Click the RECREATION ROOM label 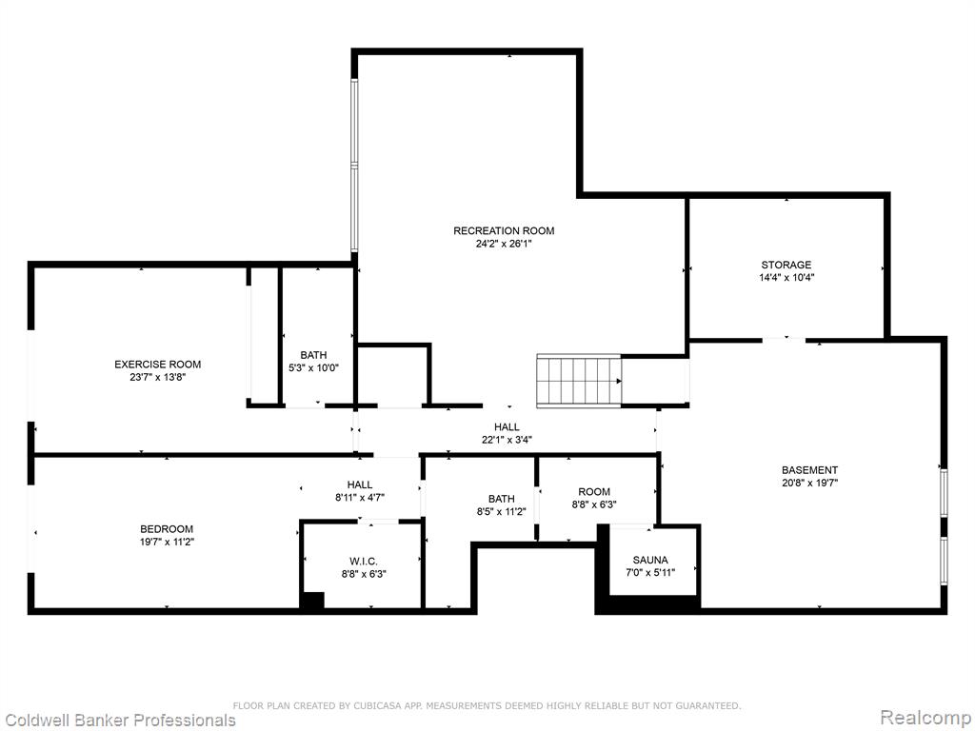(504, 230)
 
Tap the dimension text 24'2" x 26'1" (504, 244)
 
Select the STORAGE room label (786, 265)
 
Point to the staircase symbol (580, 381)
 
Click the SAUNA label (650, 560)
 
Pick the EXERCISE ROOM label (158, 365)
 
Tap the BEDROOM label (167, 529)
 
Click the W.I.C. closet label (364, 562)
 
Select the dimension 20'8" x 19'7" (810, 483)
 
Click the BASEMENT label (810, 470)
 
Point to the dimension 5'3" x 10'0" (313, 367)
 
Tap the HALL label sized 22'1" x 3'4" (507, 427)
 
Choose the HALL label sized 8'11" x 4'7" (360, 484)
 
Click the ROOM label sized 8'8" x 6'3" (594, 492)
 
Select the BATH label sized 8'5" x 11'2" (501, 499)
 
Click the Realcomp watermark (925, 718)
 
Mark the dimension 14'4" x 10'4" (786, 278)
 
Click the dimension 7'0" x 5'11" (650, 572)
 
